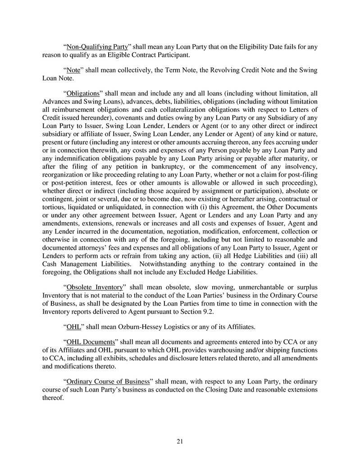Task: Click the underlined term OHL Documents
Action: point(91,342)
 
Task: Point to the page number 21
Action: point(180,442)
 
